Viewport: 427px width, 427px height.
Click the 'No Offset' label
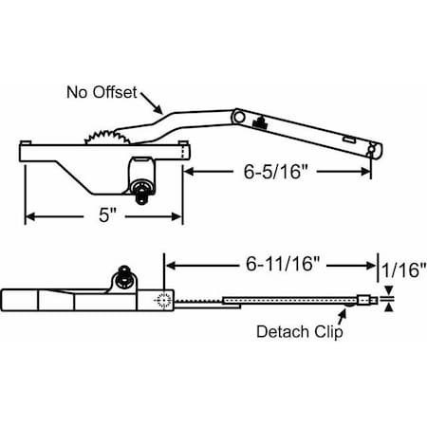pyautogui.click(x=102, y=93)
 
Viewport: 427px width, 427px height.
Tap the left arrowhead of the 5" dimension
pyautogui.click(x=28, y=216)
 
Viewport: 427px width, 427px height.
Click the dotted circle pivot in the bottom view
pyautogui.click(x=160, y=301)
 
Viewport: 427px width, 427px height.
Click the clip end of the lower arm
pyautogui.click(x=366, y=302)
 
